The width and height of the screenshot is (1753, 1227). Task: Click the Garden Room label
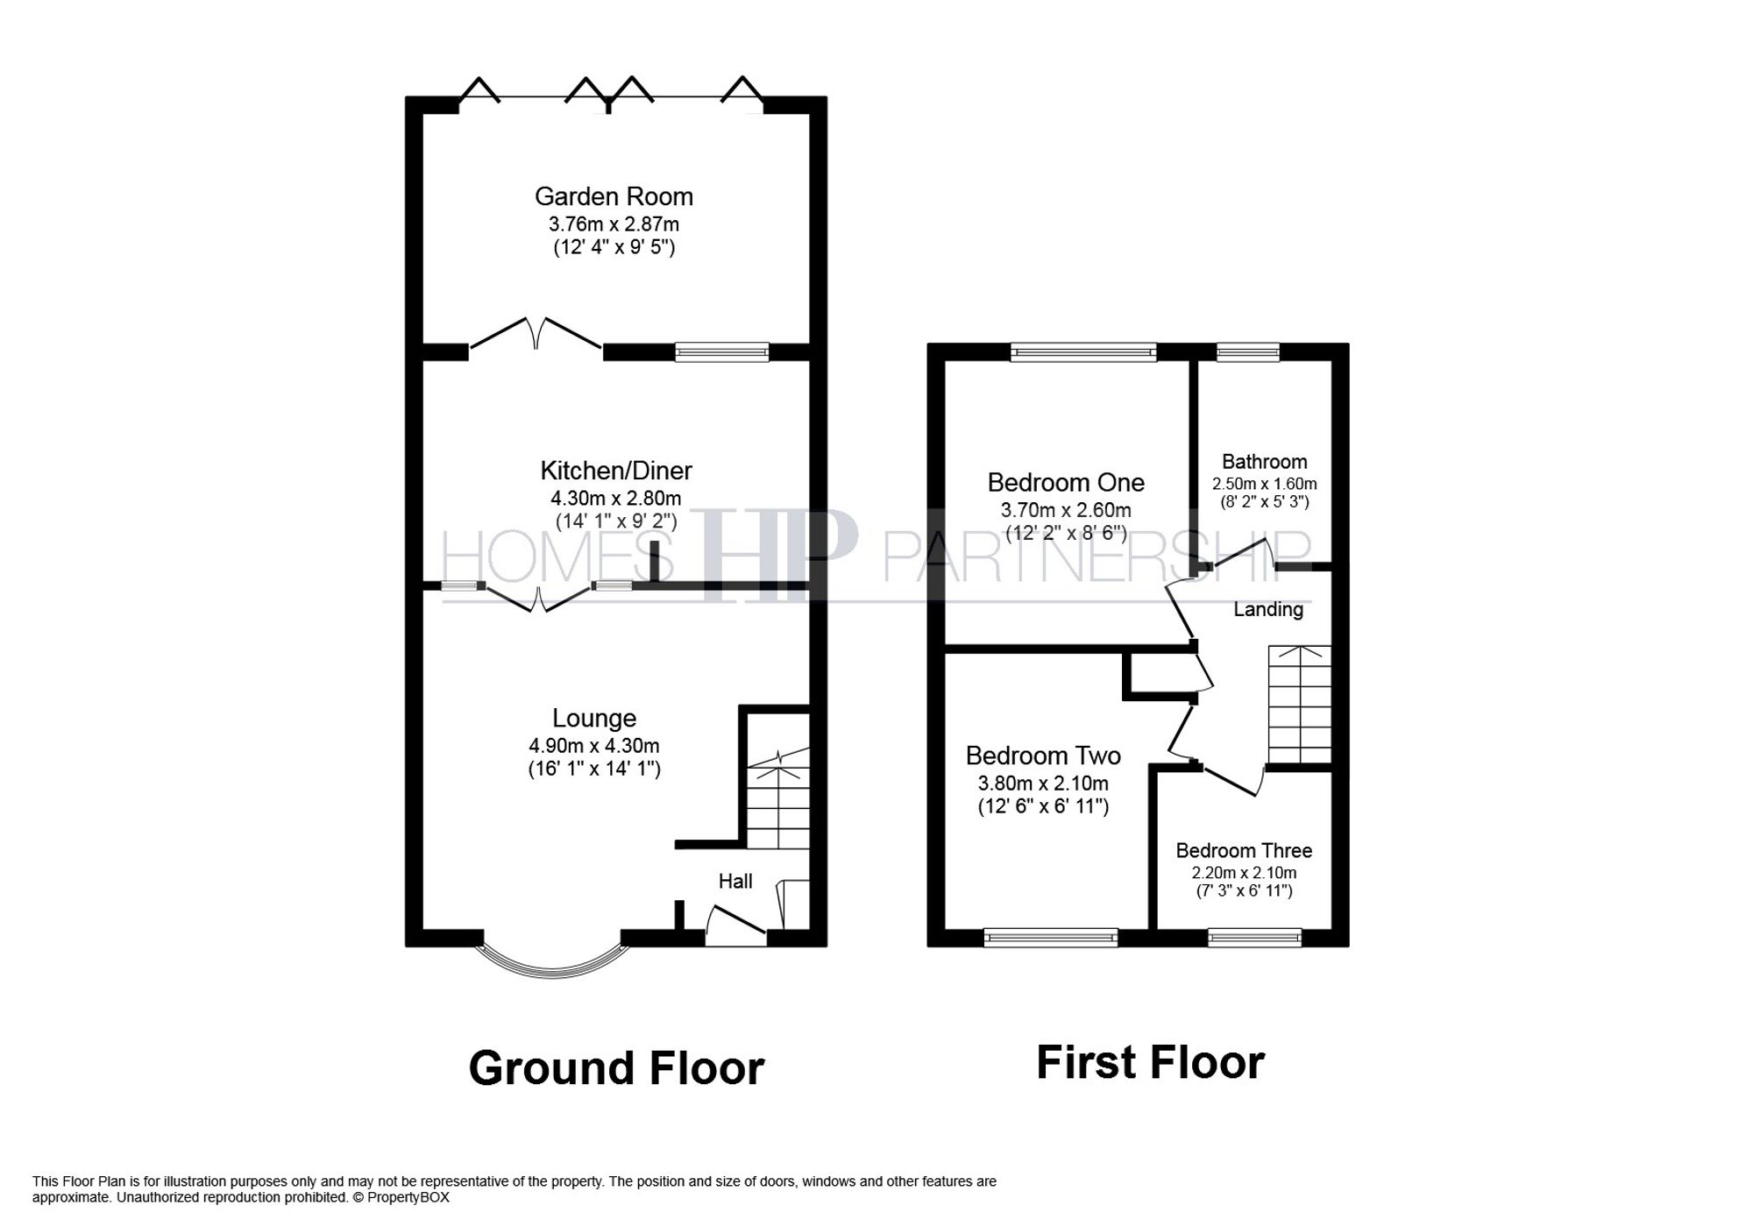tap(614, 196)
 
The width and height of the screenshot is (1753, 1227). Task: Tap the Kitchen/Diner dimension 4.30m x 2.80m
tap(615, 498)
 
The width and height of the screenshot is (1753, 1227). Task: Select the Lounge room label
tap(593, 718)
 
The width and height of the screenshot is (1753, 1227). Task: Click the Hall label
tap(735, 881)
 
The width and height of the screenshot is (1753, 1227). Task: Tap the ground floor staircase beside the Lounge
tap(777, 802)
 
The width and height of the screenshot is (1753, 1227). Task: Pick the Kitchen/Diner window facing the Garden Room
tap(721, 352)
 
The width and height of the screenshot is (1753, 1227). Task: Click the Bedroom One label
tap(1066, 482)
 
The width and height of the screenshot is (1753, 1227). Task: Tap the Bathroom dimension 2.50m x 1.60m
tap(1264, 484)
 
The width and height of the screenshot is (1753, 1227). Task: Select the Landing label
tap(1267, 609)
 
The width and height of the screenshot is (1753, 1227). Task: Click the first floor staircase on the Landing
tap(1300, 706)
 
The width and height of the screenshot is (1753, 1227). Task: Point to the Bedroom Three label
tap(1243, 850)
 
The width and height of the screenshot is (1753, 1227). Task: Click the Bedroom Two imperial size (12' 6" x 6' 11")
tap(1043, 806)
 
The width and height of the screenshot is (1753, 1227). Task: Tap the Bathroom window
tap(1247, 352)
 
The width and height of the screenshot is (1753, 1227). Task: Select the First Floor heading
tap(1150, 1062)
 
